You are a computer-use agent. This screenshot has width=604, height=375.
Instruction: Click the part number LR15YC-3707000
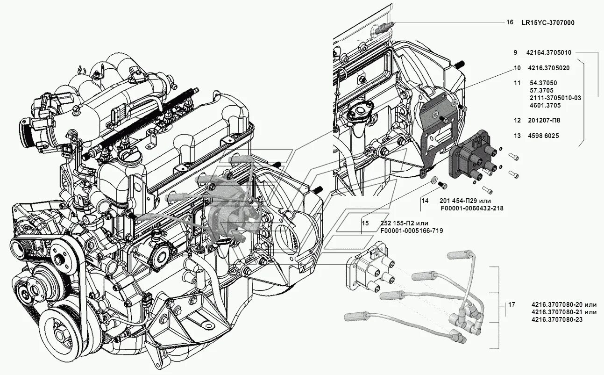(548, 22)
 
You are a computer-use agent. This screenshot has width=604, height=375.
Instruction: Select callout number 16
(509, 22)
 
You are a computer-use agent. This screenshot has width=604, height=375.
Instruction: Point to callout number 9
(515, 52)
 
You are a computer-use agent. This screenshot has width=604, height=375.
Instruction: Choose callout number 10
(517, 68)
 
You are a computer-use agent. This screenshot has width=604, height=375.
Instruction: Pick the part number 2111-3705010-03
(555, 98)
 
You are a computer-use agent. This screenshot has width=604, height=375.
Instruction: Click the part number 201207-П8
(544, 120)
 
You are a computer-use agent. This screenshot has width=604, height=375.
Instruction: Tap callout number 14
(424, 200)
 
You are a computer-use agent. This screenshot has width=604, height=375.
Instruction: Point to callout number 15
(365, 224)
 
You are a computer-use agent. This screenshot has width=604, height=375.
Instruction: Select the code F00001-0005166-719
(411, 231)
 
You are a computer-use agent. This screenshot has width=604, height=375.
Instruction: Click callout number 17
(512, 305)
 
